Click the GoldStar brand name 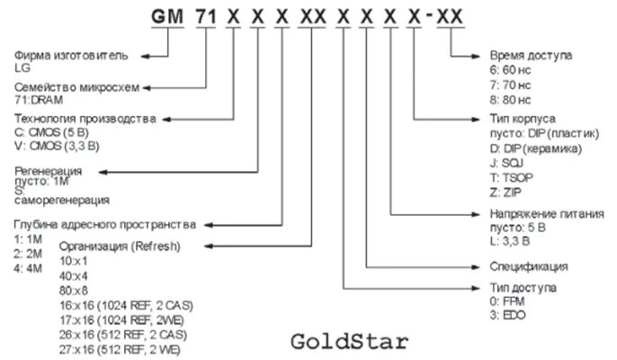349,342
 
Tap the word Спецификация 529,266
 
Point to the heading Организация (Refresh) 119,246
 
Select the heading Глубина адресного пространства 105,223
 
